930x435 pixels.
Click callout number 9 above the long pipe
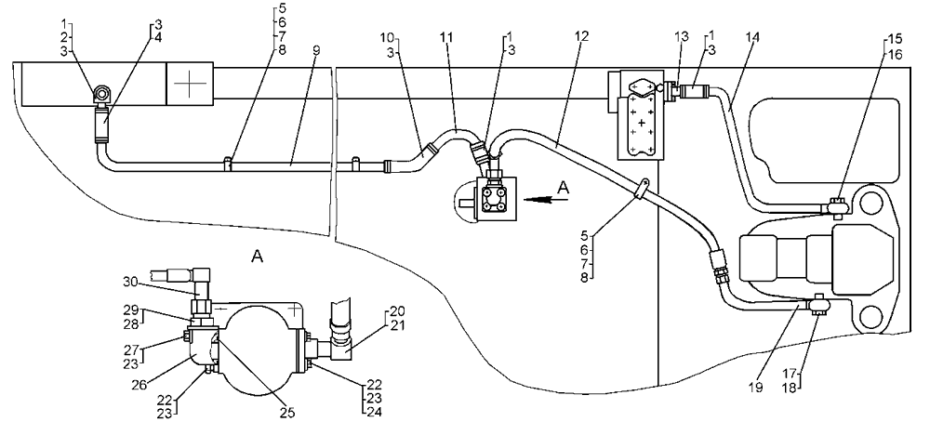click(x=316, y=50)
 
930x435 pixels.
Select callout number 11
click(x=446, y=38)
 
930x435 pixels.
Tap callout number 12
click(x=582, y=37)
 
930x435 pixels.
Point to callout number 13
click(x=682, y=37)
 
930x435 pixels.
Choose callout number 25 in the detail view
click(x=287, y=413)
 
